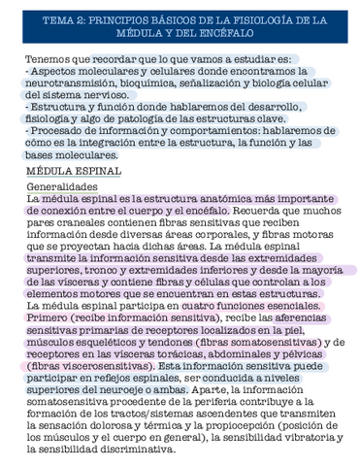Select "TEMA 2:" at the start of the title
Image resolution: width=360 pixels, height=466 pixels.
pos(70,18)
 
